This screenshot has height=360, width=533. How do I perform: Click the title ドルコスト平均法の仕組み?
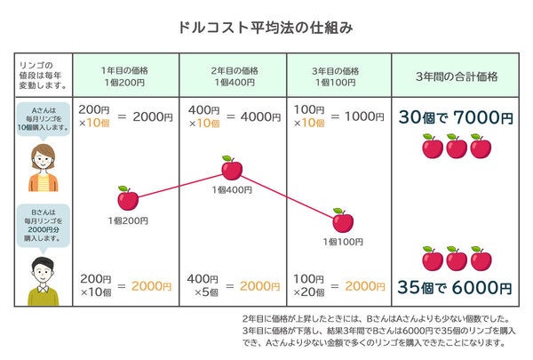pos(266,28)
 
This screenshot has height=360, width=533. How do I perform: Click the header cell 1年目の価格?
pos(126,76)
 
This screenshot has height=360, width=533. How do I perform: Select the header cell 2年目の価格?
pos(233,76)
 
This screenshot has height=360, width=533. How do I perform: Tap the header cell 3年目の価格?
pos(338,76)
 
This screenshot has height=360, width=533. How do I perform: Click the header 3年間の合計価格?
pos(454,76)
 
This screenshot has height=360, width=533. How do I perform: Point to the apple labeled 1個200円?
pos(128,198)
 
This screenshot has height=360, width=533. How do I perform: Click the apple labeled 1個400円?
pos(231,168)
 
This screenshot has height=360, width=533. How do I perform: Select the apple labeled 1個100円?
pos(343,220)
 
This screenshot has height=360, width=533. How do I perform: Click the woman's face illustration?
pos(43,165)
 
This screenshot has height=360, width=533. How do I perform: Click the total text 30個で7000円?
pos(454,117)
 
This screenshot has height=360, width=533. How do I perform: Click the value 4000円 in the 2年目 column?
pos(260,116)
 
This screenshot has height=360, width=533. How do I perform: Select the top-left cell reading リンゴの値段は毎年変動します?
pos(43,76)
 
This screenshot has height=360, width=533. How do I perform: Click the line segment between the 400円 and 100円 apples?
pos(287,194)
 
